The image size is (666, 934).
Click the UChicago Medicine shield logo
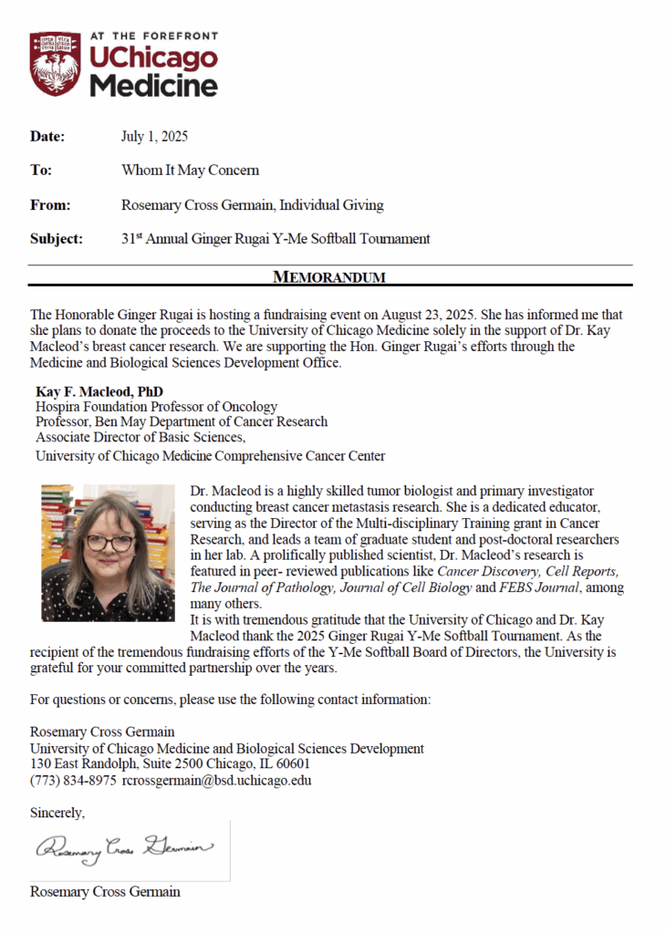[56, 64]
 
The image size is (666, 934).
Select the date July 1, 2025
[154, 137]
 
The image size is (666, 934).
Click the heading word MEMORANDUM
[329, 276]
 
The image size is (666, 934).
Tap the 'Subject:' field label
[57, 239]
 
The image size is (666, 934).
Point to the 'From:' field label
[50, 205]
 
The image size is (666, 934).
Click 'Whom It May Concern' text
[190, 171]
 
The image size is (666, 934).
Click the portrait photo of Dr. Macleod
[108, 553]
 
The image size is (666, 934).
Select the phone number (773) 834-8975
[73, 781]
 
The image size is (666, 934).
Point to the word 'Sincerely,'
[57, 812]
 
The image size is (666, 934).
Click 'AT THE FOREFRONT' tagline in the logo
[152, 36]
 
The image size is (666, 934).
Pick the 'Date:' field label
[47, 137]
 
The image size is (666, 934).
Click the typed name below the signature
[105, 891]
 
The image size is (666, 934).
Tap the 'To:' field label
[41, 171]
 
